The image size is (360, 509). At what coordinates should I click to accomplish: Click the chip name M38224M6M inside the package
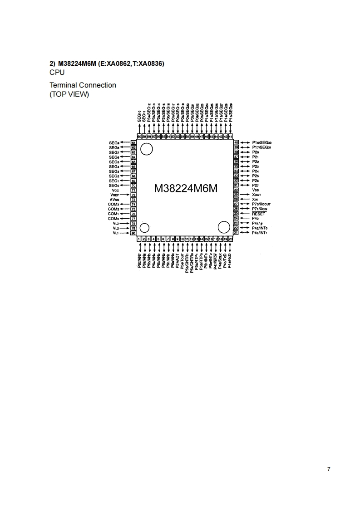pyautogui.click(x=186, y=188)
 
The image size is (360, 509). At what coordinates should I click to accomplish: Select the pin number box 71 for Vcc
pyautogui.click(x=133, y=190)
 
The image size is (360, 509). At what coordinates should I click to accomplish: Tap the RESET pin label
pyautogui.click(x=258, y=213)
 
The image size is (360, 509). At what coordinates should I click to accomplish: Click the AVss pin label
pyautogui.click(x=114, y=200)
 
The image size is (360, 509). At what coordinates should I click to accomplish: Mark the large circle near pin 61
pyautogui.click(x=147, y=148)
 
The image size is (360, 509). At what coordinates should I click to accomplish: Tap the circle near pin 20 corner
pyautogui.click(x=224, y=227)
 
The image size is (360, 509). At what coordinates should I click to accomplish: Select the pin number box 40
pyautogui.click(x=236, y=142)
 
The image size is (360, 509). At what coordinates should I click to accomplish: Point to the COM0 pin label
pyautogui.click(x=113, y=219)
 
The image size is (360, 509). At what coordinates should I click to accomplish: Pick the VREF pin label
pyautogui.click(x=114, y=195)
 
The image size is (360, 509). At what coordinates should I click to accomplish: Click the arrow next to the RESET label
pyautogui.click(x=244, y=213)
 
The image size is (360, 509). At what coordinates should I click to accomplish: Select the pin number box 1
pyautogui.click(x=139, y=239)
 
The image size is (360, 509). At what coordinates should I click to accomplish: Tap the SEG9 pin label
pyautogui.click(x=114, y=142)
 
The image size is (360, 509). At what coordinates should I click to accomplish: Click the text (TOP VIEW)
pyautogui.click(x=69, y=94)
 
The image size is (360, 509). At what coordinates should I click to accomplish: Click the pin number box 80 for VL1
pyautogui.click(x=133, y=233)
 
